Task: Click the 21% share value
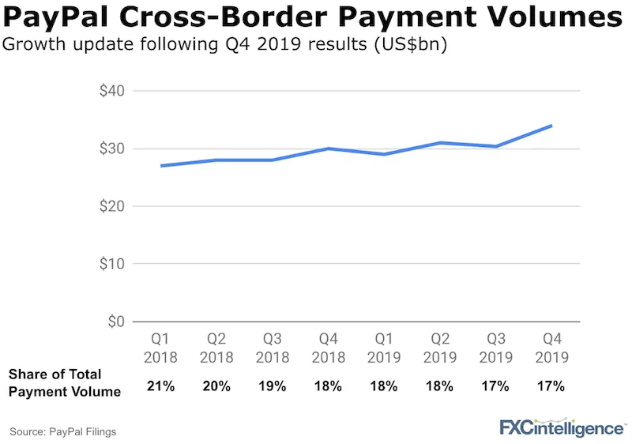[157, 386]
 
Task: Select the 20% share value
[216, 386]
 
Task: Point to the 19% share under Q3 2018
[273, 386]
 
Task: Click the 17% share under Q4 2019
[552, 386]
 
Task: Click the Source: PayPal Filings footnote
[63, 431]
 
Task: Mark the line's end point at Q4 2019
[551, 126]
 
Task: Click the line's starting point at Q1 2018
[139, 166]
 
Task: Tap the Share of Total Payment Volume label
[65, 382]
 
